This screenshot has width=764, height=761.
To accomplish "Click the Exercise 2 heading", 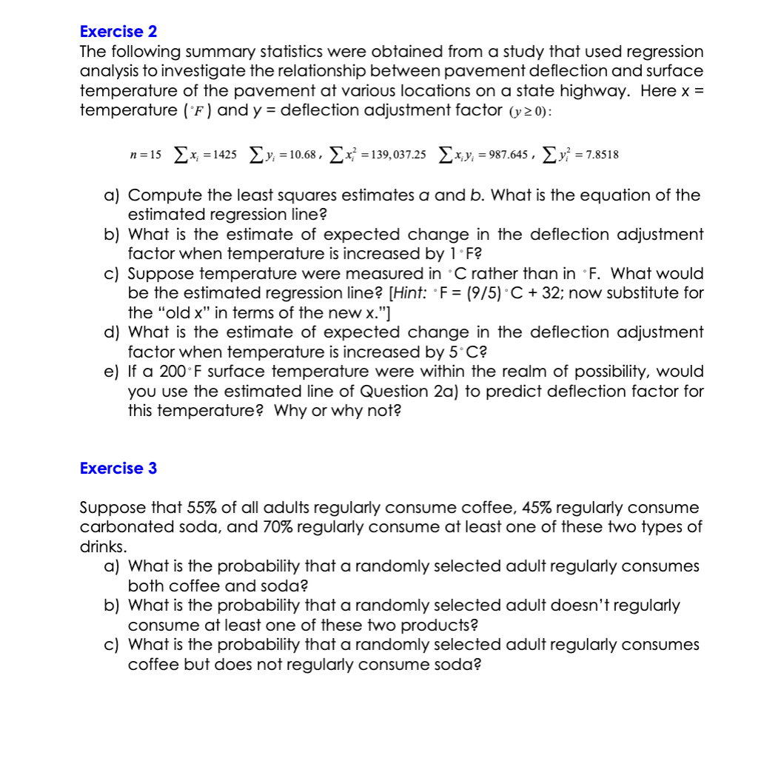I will pos(118,32).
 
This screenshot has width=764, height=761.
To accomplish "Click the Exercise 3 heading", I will pos(118,469).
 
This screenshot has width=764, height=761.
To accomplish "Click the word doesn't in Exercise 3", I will pos(589,606).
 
